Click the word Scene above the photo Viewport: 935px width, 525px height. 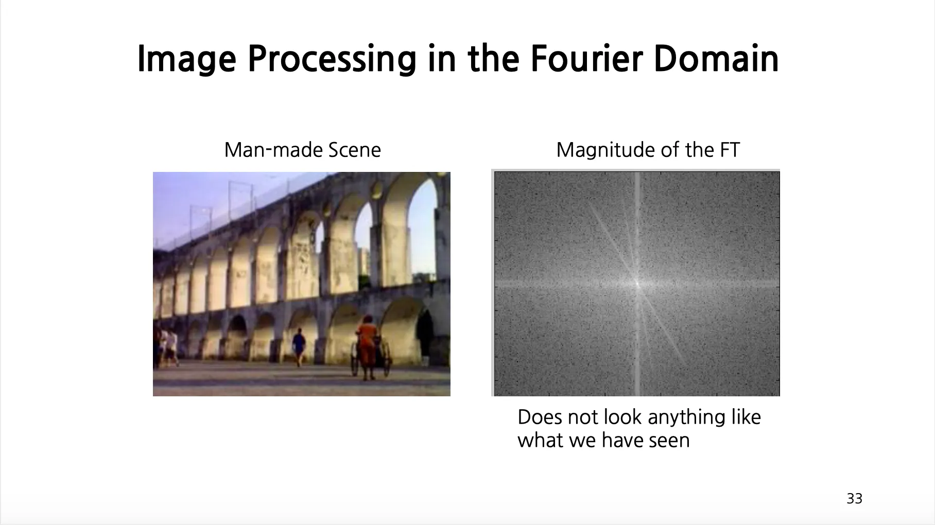355,150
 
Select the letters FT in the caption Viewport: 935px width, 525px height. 729,150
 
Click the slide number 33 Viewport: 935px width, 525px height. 855,498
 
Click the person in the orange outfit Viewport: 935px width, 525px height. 367,347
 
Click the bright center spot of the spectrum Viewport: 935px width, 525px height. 637,283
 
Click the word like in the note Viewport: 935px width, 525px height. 746,417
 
